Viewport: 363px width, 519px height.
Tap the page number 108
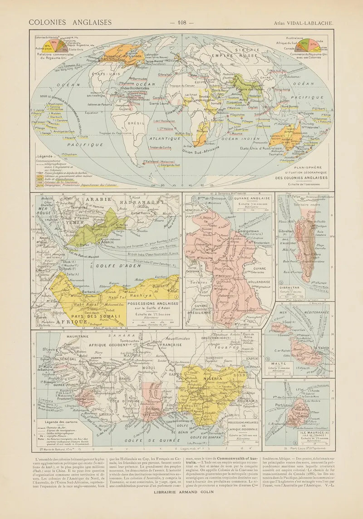181,22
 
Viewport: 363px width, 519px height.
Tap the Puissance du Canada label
111,56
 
